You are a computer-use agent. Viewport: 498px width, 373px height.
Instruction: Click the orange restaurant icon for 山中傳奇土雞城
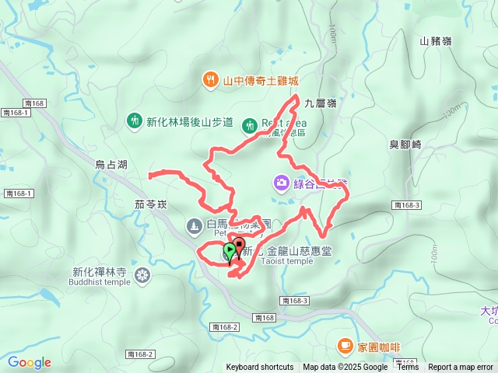[210, 79]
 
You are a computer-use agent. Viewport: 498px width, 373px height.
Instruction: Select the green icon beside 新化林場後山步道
[134, 120]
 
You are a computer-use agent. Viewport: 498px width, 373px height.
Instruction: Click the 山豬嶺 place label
[435, 40]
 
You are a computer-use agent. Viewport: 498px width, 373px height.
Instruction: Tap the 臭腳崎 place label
[405, 145]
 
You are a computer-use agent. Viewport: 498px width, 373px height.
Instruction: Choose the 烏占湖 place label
[110, 164]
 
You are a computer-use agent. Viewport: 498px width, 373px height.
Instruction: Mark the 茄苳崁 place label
[140, 205]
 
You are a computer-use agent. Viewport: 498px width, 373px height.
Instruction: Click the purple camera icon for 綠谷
[280, 183]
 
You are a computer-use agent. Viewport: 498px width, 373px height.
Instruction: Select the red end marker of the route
[240, 247]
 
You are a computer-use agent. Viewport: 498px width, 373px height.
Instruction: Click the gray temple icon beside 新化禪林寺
[142, 274]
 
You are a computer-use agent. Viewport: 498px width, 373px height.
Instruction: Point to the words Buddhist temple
[101, 282]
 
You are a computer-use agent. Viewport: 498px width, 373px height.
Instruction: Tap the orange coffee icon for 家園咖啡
[344, 345]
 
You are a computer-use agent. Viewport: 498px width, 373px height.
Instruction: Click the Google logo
[29, 362]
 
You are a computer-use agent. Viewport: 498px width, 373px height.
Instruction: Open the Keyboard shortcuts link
[260, 368]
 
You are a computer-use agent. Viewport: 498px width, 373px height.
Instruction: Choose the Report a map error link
[461, 368]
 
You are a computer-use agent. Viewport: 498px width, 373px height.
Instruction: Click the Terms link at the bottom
[408, 368]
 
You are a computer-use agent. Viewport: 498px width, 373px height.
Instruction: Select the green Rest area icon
[249, 124]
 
